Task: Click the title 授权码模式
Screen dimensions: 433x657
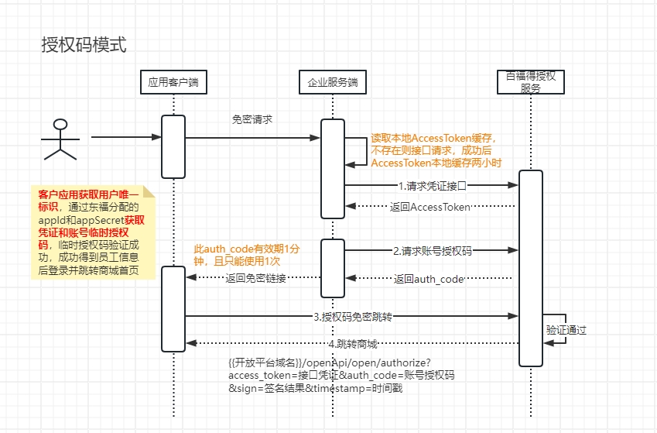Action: pos(84,45)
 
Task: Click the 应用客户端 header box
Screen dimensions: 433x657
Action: pos(173,82)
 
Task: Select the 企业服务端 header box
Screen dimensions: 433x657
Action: pos(332,82)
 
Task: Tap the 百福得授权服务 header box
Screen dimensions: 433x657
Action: pos(530,82)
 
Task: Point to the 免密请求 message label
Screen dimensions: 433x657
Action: pos(252,120)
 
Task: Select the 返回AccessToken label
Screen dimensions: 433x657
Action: pos(440,207)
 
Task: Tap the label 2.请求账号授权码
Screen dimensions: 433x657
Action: pos(432,251)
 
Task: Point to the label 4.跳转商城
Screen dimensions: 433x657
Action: pos(351,343)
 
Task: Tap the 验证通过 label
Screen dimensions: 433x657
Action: pos(566,330)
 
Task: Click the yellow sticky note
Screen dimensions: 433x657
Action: pos(92,232)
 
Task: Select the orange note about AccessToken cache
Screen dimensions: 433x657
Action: pos(436,150)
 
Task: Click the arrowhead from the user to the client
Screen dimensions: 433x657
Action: pos(156,138)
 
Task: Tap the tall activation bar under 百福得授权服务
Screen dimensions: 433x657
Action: pos(531,267)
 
